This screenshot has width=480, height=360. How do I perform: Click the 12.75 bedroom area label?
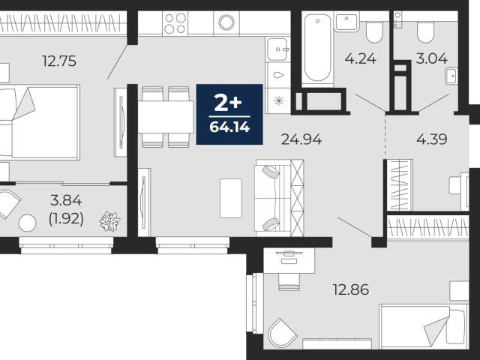pos(59,61)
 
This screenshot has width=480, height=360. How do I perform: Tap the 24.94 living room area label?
pos(301,139)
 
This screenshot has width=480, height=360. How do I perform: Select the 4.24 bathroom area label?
pos(360,58)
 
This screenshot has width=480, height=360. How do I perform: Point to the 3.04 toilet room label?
pos(431,58)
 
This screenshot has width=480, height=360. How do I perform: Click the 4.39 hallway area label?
pos(432,139)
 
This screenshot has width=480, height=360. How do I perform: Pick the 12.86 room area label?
pos(351,289)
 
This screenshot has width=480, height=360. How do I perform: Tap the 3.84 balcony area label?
pos(66,200)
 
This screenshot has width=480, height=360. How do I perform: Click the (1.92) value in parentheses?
pos(66,218)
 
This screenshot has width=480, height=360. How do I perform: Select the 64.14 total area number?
pos(229,127)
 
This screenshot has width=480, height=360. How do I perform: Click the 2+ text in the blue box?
pos(228,103)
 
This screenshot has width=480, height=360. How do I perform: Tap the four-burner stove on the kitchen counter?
pos(175,23)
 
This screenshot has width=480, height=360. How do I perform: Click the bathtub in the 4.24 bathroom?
pos(317,48)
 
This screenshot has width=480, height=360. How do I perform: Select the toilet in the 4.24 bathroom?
pos(374,32)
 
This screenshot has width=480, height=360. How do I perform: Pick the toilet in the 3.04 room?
pos(425,32)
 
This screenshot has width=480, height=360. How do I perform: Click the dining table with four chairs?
pos(166,117)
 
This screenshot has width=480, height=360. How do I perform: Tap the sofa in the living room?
pos(279,198)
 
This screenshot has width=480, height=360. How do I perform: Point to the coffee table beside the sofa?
pos(231,198)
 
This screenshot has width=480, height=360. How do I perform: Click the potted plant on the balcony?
pos(110,221)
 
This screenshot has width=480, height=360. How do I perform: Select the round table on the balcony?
pos(27,223)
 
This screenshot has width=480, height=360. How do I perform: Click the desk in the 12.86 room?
pos(289,260)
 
